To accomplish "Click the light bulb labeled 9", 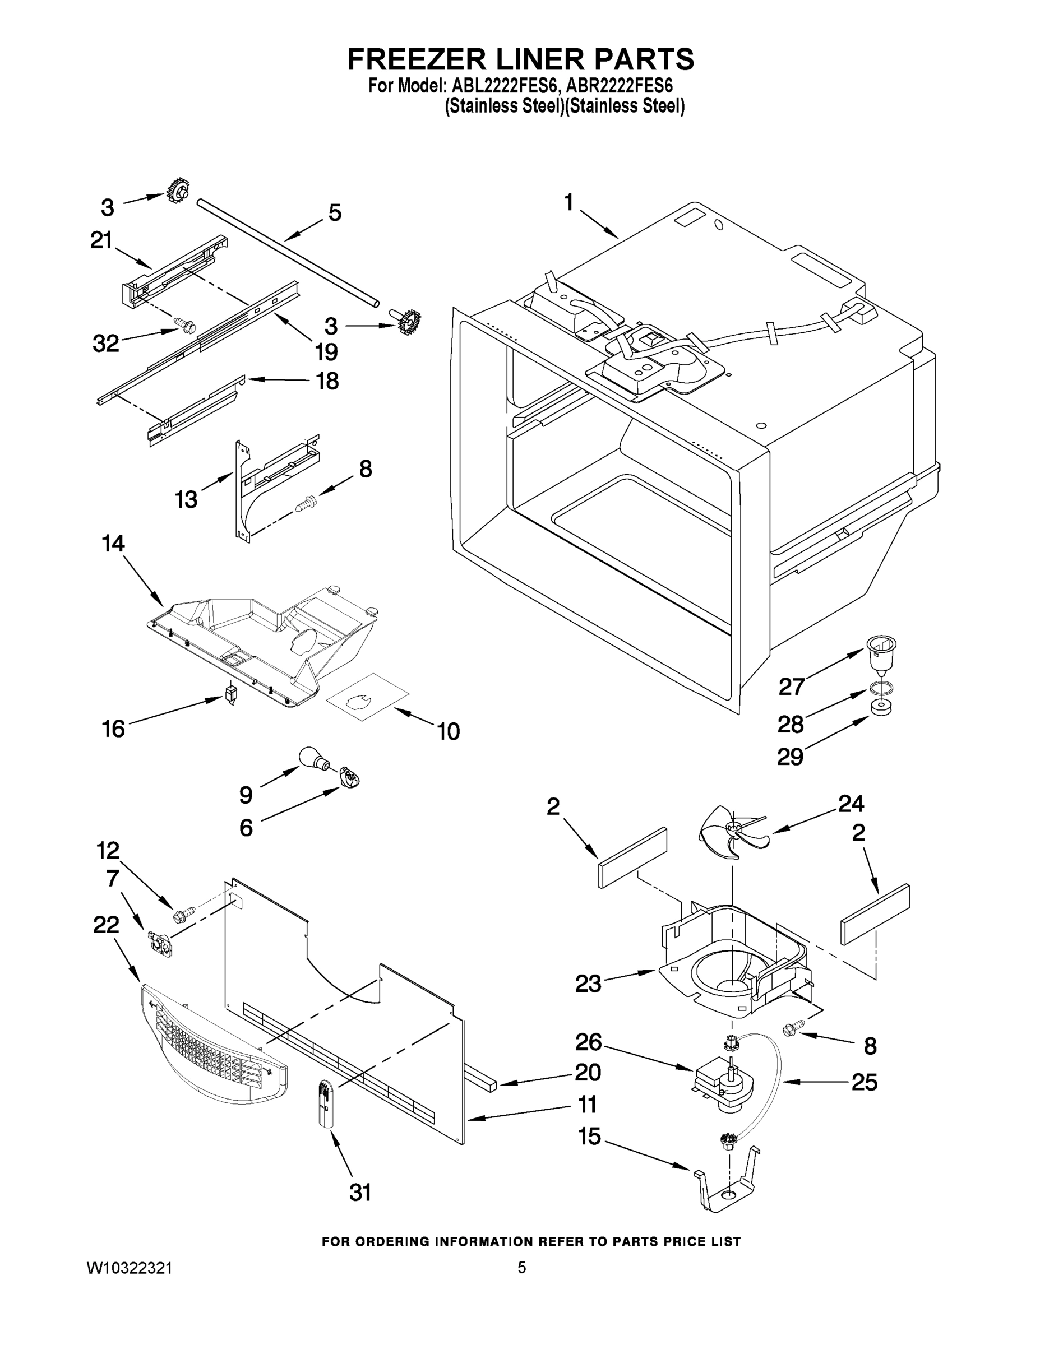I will tap(312, 758).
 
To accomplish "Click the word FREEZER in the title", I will tap(419, 59).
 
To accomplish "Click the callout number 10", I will tap(448, 731).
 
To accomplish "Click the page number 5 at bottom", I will tap(521, 1268).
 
